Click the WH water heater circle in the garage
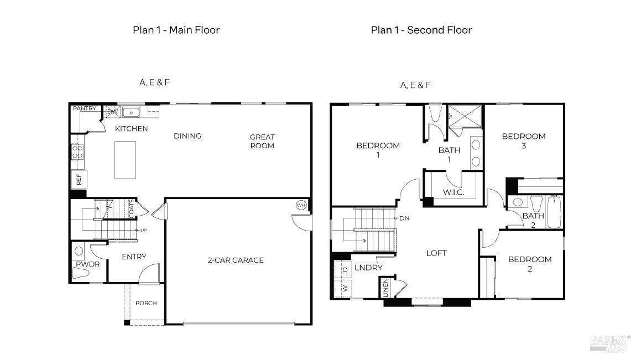[x=300, y=205]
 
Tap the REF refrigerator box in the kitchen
[x=79, y=180]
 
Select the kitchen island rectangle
[x=125, y=160]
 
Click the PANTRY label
[x=85, y=108]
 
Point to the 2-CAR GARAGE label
[x=236, y=260]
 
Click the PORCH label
[x=146, y=303]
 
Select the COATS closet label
[x=132, y=209]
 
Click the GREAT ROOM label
[x=262, y=142]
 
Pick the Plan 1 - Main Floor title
[x=176, y=30]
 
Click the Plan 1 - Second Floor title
[x=421, y=30]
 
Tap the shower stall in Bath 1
[x=465, y=116]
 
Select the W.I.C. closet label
[x=453, y=192]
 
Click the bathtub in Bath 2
[x=554, y=212]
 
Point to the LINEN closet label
[x=385, y=288]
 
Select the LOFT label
[x=436, y=253]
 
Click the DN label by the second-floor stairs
[x=404, y=218]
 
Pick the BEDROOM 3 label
[x=524, y=140]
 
